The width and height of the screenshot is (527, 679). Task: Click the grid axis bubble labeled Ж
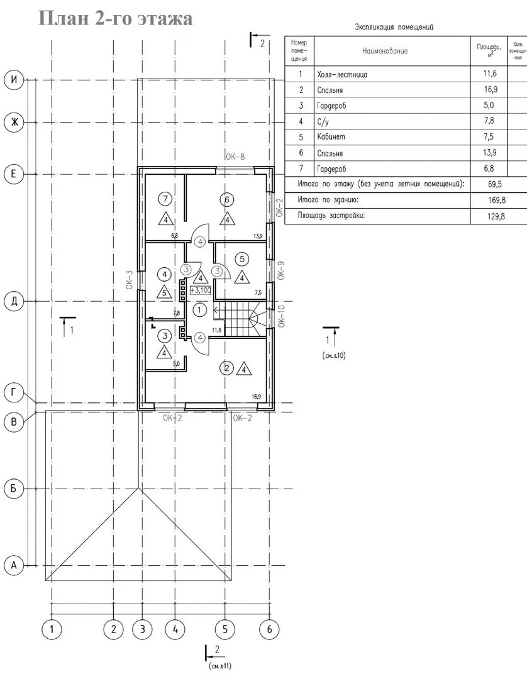(x=14, y=123)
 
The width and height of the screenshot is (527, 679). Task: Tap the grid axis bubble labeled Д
(x=14, y=301)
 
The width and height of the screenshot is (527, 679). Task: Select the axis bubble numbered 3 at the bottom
(x=143, y=629)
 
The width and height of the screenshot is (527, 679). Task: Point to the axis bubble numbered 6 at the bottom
(x=269, y=629)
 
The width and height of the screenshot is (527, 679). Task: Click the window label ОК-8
(x=235, y=157)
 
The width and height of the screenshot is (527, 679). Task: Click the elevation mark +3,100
(x=199, y=290)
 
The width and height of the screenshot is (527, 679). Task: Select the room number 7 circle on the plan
(x=165, y=199)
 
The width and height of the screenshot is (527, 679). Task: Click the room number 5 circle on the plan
(x=241, y=259)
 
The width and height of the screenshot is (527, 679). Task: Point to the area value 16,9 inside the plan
(x=256, y=396)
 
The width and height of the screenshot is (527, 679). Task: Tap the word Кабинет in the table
(x=331, y=137)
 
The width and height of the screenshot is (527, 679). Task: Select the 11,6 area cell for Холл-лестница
(x=490, y=73)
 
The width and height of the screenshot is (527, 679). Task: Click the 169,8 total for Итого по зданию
(x=496, y=200)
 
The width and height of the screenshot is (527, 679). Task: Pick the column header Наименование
(x=385, y=51)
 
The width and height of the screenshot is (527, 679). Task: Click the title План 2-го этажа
(x=116, y=19)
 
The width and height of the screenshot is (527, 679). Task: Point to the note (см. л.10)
(x=334, y=355)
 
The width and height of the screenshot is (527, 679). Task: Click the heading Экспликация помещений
(x=394, y=27)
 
